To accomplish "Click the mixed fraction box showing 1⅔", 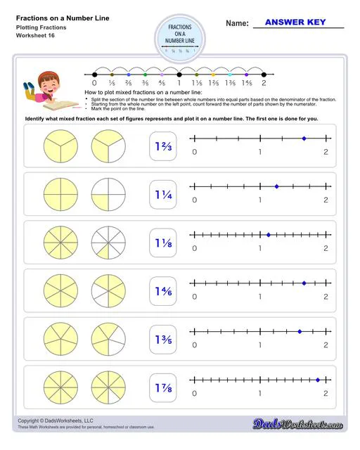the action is coord(163,146).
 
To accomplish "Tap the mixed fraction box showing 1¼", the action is coord(163,194).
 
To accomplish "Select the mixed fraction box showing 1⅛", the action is coord(163,242).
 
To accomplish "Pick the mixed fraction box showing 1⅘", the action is coord(163,290).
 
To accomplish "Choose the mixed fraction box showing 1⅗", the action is coord(163,339).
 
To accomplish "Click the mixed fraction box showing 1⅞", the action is coord(163,387).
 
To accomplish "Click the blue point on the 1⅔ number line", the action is coord(304,139).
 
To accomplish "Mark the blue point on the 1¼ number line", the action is coord(277,186).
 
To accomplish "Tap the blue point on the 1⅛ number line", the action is coord(269,234).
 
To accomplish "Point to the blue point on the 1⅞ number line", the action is coord(318,379).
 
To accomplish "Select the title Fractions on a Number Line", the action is coord(53,17).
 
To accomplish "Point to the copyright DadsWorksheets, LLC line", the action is coord(54,420).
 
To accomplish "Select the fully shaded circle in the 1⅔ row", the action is coord(58,146).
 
